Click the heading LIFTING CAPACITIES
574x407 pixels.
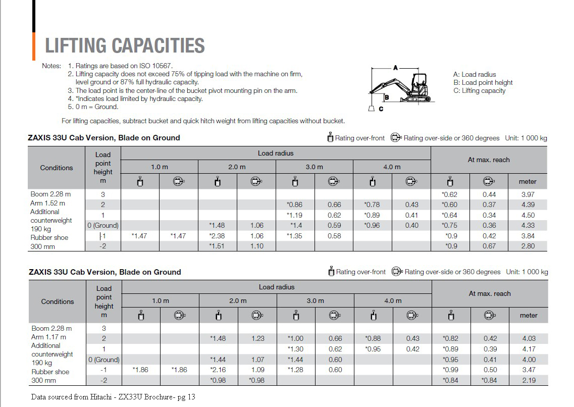click(x=125, y=45)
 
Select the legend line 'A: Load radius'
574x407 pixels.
click(x=475, y=74)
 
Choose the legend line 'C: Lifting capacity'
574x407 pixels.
click(x=479, y=91)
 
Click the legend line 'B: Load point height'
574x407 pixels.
click(x=483, y=82)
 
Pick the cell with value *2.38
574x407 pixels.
click(x=218, y=236)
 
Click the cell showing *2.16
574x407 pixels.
click(x=219, y=370)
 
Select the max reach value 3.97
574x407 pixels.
click(x=528, y=194)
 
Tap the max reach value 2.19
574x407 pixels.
click(x=529, y=380)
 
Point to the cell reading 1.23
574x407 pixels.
click(x=257, y=338)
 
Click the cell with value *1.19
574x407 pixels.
click(x=294, y=215)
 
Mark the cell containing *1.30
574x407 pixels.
click(x=295, y=349)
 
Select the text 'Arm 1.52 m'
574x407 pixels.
click(x=48, y=203)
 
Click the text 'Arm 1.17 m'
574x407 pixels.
click(x=48, y=337)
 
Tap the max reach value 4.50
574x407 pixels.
click(x=528, y=215)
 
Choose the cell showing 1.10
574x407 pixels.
click(x=256, y=246)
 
